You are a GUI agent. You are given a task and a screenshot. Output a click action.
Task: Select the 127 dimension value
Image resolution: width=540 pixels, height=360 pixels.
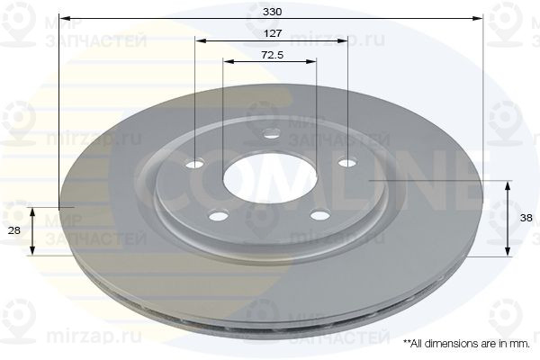tap(272, 33)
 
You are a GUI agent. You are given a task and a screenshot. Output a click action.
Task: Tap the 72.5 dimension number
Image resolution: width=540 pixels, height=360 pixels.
tap(272, 55)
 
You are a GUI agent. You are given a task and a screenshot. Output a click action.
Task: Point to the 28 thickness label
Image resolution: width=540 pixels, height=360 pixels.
tap(13, 231)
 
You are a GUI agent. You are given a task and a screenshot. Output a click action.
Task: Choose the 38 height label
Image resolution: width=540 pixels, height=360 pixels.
tap(525, 219)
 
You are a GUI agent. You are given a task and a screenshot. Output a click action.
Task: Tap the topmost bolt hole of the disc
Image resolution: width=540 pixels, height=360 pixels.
tap(271, 136)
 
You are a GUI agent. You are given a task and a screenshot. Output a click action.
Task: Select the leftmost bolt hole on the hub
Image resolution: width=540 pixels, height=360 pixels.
tap(195, 164)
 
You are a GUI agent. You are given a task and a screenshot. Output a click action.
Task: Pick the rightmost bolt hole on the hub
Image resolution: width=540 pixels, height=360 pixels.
tap(346, 163)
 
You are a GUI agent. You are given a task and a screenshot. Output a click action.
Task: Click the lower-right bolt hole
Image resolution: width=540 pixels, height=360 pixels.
tap(318, 214)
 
